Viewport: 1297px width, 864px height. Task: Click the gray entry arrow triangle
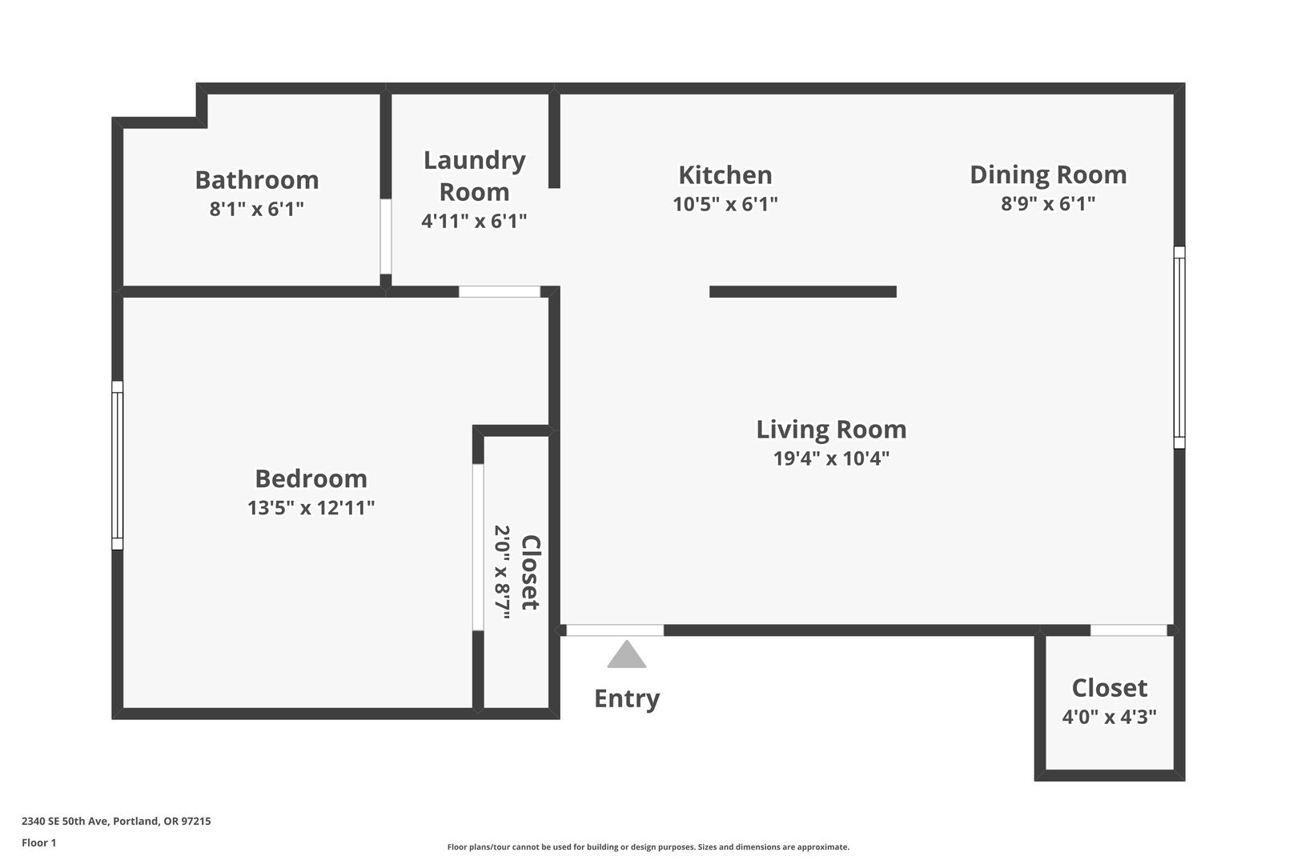(627, 654)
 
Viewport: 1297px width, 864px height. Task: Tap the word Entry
(627, 698)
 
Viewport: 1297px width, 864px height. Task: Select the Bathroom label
(256, 179)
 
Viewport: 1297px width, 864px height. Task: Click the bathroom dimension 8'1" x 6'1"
(256, 208)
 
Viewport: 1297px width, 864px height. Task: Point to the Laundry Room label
(474, 176)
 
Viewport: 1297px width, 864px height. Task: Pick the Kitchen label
(725, 174)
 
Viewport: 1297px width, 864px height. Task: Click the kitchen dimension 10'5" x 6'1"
(725, 204)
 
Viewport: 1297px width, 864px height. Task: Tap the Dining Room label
(1048, 174)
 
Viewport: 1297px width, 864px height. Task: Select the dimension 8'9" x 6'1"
(1048, 203)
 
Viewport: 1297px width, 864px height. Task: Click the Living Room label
(831, 430)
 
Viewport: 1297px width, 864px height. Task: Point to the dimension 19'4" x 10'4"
(831, 458)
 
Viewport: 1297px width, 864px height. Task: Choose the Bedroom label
(311, 478)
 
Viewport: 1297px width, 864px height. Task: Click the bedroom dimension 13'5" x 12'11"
(311, 507)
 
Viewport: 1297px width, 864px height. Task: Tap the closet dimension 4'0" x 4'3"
(1109, 717)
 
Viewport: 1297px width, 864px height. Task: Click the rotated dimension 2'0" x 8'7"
(501, 572)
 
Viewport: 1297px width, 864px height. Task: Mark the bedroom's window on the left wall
(117, 466)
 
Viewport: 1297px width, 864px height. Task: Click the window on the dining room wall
(1179, 347)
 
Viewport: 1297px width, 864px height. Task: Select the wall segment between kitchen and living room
(802, 292)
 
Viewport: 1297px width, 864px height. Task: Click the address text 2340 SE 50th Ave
(66, 821)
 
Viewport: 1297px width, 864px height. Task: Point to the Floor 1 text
(38, 843)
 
